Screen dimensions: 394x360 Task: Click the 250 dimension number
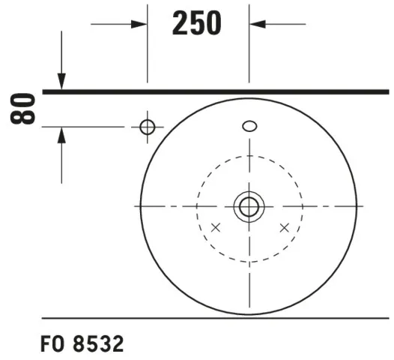tap(197, 23)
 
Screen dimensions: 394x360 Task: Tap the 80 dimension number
tap(22, 109)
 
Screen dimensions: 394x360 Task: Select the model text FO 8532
tap(82, 343)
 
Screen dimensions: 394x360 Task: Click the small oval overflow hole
tap(249, 126)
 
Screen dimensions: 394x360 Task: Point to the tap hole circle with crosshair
tap(148, 127)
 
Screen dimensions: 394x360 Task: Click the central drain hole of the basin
tap(249, 206)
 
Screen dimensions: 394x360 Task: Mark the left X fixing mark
tap(216, 228)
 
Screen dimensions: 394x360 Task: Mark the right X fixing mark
tap(285, 228)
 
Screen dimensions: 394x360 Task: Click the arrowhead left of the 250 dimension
tap(139, 25)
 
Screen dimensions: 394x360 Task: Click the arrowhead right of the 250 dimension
tap(258, 24)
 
